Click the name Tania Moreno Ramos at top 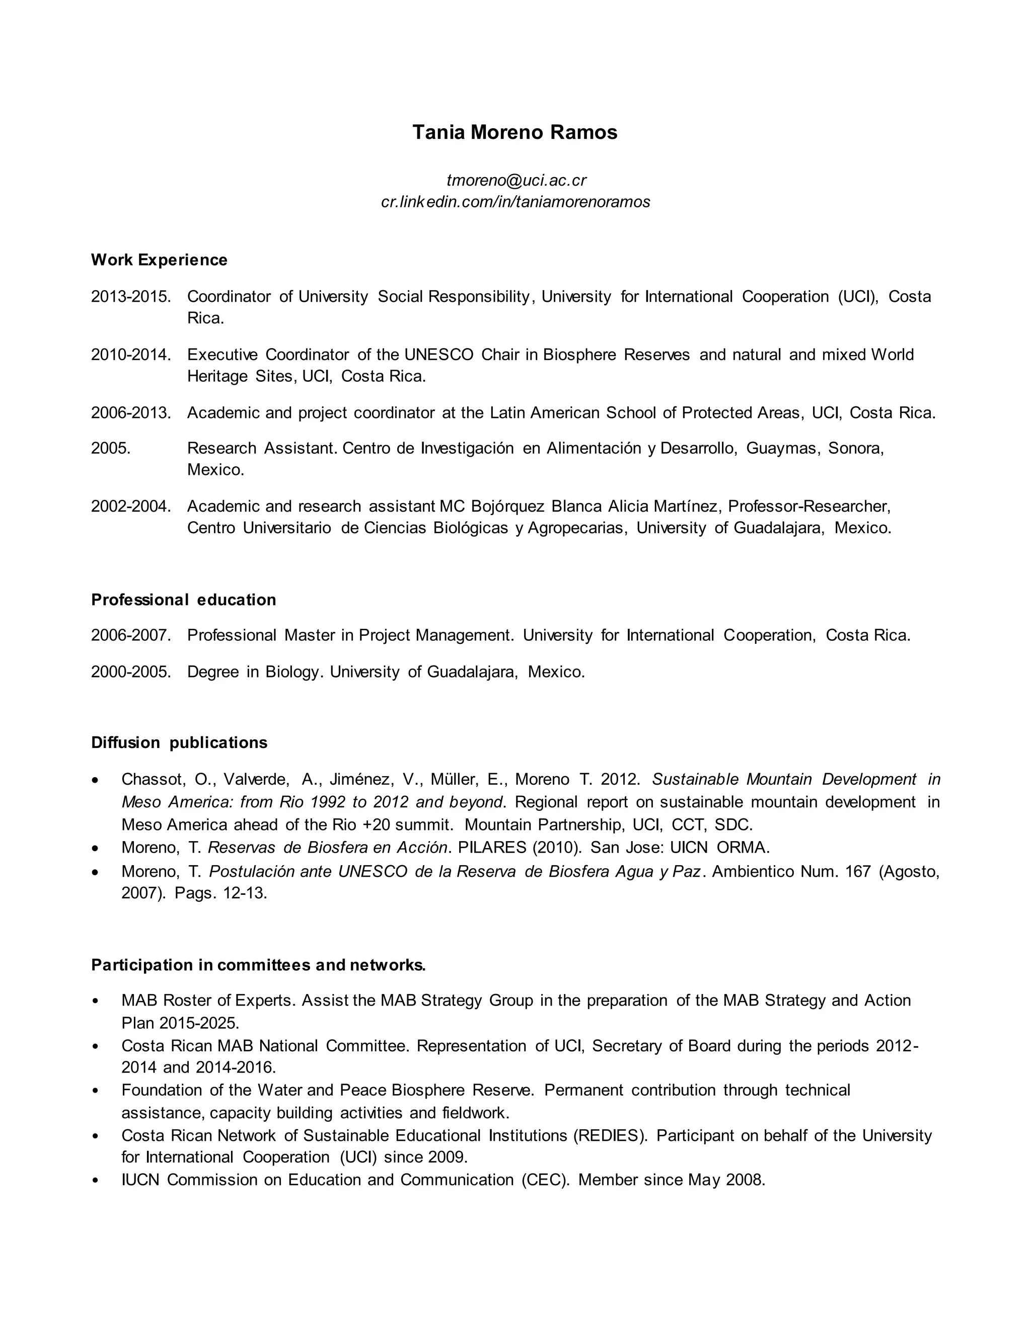pyautogui.click(x=514, y=132)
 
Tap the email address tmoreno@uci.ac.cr pyautogui.click(x=516, y=180)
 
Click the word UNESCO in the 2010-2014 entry pyautogui.click(x=438, y=355)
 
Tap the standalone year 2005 pyautogui.click(x=111, y=449)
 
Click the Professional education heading pyautogui.click(x=183, y=600)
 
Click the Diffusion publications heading pyautogui.click(x=179, y=743)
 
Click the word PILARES pyautogui.click(x=492, y=848)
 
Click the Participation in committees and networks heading pyautogui.click(x=258, y=965)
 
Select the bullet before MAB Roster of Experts pyautogui.click(x=95, y=1002)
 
